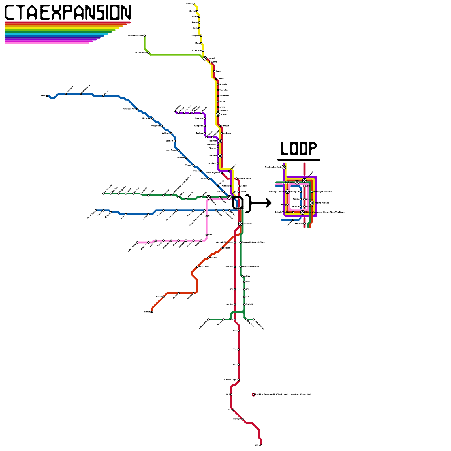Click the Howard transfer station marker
[205, 58]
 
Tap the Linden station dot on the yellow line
[193, 4]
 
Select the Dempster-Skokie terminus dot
[145, 36]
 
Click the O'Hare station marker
[47, 96]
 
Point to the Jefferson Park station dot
[137, 109]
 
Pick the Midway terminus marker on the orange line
[152, 312]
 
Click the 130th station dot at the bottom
[261, 445]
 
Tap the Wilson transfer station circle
[218, 115]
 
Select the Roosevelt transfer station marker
[240, 224]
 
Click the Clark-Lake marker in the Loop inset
[297, 182]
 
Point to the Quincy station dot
[287, 205]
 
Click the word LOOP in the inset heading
[299, 149]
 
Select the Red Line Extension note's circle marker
[253, 395]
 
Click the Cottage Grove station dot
[254, 319]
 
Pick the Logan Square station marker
[178, 150]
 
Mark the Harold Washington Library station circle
[302, 212]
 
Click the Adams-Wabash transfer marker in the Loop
[312, 203]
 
